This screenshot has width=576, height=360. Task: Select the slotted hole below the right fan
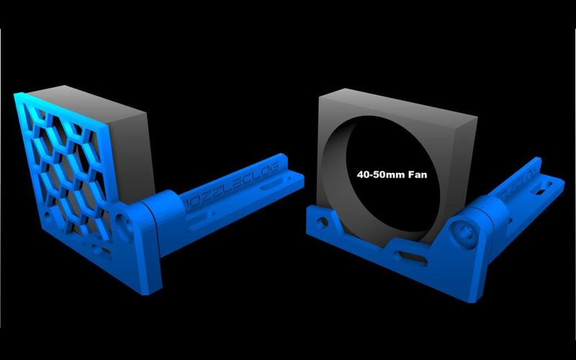coord(404,254)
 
